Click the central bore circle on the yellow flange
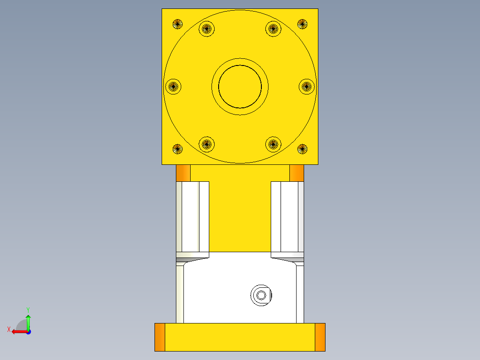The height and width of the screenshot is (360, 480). (x=240, y=86)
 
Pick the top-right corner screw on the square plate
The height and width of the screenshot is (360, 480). (x=302, y=24)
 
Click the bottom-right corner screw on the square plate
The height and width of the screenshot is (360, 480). (x=302, y=149)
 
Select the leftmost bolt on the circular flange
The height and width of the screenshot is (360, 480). (x=173, y=86)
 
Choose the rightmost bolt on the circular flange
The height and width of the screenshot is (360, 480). (x=306, y=86)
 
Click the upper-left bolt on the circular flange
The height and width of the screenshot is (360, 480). (x=206, y=29)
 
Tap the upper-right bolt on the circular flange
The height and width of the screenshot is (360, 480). (x=273, y=29)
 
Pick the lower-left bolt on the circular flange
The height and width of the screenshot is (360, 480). (x=206, y=144)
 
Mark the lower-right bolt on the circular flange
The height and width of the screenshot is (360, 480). (x=273, y=144)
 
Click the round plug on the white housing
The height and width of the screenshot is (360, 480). (x=261, y=295)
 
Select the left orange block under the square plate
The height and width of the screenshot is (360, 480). (x=183, y=173)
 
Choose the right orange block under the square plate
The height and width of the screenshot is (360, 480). (x=297, y=173)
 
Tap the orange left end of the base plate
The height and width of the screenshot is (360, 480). (x=160, y=337)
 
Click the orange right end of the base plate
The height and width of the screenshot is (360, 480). (x=320, y=337)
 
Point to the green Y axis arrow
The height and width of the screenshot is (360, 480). (x=28, y=320)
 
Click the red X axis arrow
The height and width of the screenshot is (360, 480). (x=18, y=331)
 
